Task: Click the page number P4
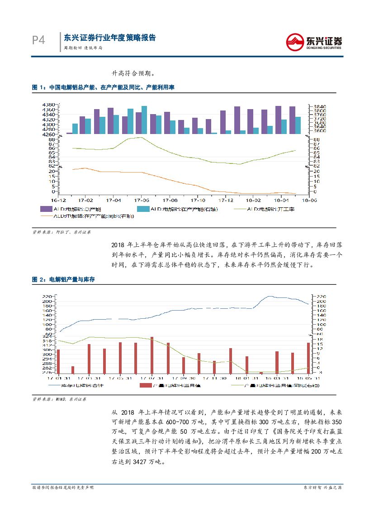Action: coord(38,41)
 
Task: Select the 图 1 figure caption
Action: coord(103,87)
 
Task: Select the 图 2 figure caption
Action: coord(63,280)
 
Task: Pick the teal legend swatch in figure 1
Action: coord(143,209)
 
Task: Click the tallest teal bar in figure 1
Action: coord(144,120)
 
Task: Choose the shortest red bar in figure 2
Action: coord(261,373)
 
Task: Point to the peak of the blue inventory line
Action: coord(270,297)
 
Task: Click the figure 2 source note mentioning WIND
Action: coord(59,400)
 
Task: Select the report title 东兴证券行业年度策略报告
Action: coord(110,38)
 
